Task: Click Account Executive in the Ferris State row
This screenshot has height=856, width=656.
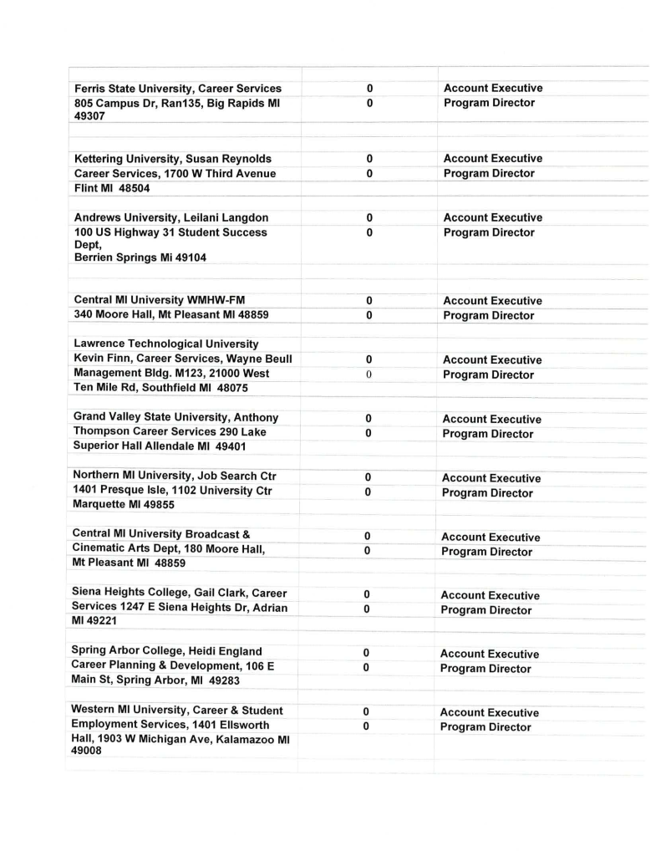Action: tap(492, 88)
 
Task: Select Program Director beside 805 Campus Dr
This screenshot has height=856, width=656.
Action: tap(489, 103)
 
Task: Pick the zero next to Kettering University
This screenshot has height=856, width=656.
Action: tap(369, 159)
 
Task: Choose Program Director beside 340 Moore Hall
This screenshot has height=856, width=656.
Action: tap(489, 316)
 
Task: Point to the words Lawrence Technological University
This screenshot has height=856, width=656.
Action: tap(165, 344)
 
